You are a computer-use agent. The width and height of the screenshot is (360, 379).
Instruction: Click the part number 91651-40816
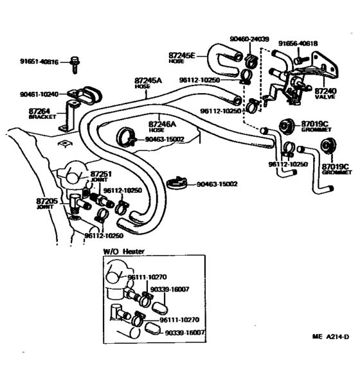tap(39, 62)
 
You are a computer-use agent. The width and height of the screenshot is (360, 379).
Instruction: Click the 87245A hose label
tap(148, 83)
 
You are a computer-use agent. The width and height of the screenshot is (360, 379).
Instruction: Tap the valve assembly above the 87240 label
tap(292, 84)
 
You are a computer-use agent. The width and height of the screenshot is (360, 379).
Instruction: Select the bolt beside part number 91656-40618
tap(299, 59)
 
